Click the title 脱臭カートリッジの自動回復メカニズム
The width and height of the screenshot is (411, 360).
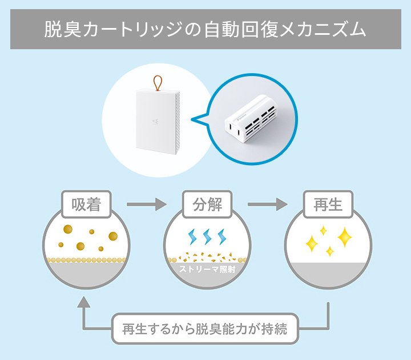(x=205, y=29)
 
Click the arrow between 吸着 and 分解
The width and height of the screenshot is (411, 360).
(x=145, y=203)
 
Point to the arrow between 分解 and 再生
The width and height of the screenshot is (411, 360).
(x=267, y=203)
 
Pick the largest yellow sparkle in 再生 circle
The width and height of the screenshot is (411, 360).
(x=344, y=236)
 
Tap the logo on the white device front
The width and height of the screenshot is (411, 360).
(x=156, y=121)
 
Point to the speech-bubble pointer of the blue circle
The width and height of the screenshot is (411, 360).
(x=197, y=120)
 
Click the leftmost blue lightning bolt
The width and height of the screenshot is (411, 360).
(x=191, y=237)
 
